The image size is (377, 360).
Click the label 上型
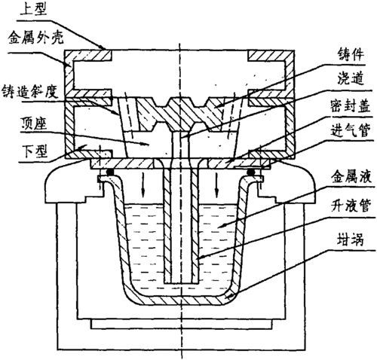click(22, 9)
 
